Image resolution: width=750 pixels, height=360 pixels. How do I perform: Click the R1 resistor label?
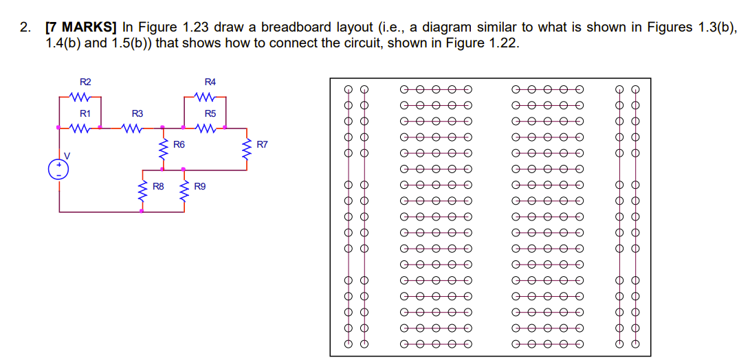tap(85, 113)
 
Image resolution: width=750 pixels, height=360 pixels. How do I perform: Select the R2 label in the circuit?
tap(85, 82)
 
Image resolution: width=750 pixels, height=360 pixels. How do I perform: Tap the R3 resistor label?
tap(137, 113)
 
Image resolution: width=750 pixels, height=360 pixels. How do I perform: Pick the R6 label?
tap(179, 144)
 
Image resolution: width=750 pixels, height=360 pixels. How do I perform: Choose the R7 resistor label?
tap(262, 144)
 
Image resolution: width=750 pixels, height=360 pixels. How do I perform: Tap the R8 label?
tap(158, 185)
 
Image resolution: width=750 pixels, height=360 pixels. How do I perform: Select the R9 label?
tap(200, 185)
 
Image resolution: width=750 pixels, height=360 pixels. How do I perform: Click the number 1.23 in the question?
tap(196, 27)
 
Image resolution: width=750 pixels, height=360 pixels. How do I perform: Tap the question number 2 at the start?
tap(25, 27)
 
